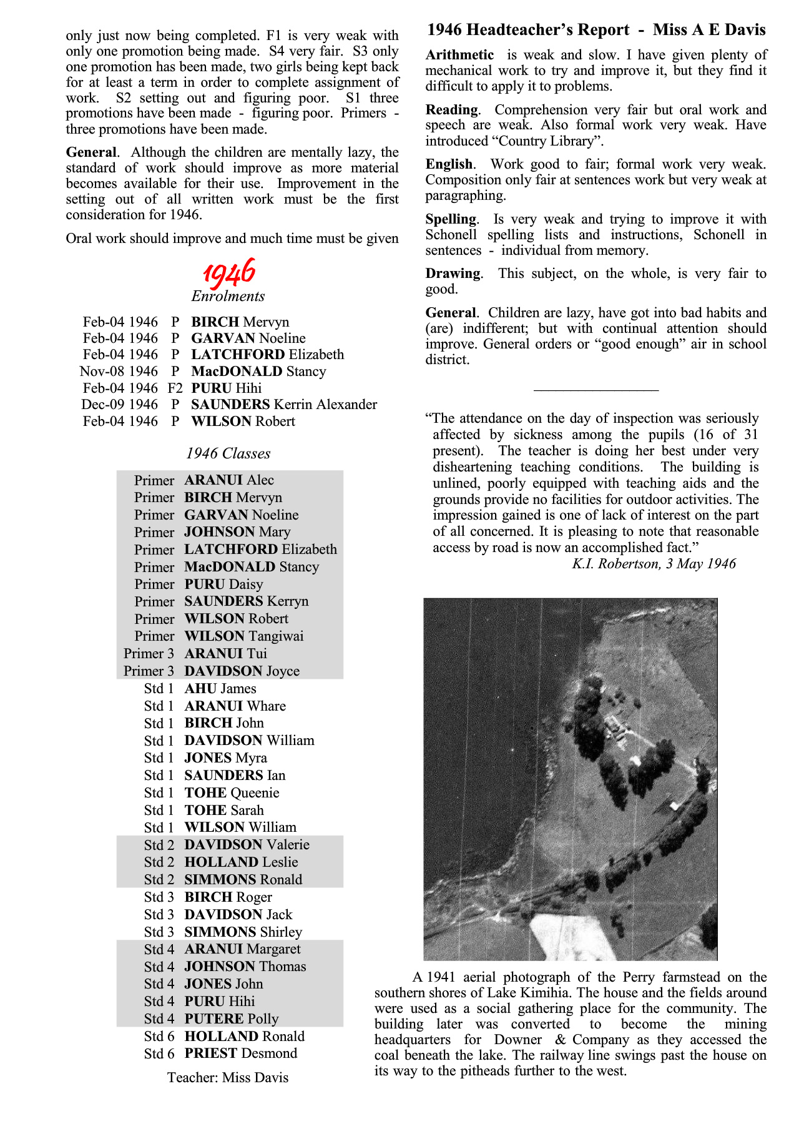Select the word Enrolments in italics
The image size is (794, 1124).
point(228,297)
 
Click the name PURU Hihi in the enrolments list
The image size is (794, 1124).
point(226,388)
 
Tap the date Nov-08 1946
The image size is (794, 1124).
point(119,372)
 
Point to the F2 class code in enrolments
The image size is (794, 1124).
point(175,388)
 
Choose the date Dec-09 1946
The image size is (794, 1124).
point(119,405)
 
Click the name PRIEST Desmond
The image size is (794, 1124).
point(241,1053)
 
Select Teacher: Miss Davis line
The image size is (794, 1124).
point(228,1078)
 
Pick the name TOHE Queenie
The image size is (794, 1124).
point(232,793)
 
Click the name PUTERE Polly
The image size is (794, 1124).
point(232,1019)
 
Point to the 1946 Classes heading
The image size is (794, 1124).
point(228,454)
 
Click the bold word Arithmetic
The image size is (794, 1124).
point(459,55)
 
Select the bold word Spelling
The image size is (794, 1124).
point(451,219)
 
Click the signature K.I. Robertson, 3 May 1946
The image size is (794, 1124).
point(654,564)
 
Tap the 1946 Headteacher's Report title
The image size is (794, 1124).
point(596,30)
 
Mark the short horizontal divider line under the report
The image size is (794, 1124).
point(596,390)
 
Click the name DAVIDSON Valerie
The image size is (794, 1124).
point(247,845)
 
